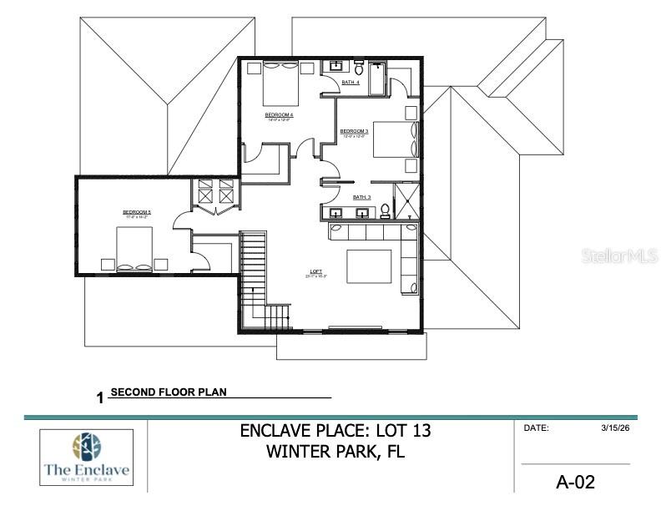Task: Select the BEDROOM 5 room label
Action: coord(137,213)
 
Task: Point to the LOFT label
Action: coord(316,272)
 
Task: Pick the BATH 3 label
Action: coord(361,197)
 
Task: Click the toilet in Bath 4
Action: coord(359,63)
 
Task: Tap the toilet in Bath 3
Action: coord(386,211)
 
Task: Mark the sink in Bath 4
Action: coord(337,65)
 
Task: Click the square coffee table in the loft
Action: coord(368,267)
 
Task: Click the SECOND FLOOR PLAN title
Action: coord(168,391)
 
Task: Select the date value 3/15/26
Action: coord(613,428)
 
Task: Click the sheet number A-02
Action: coord(575,482)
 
